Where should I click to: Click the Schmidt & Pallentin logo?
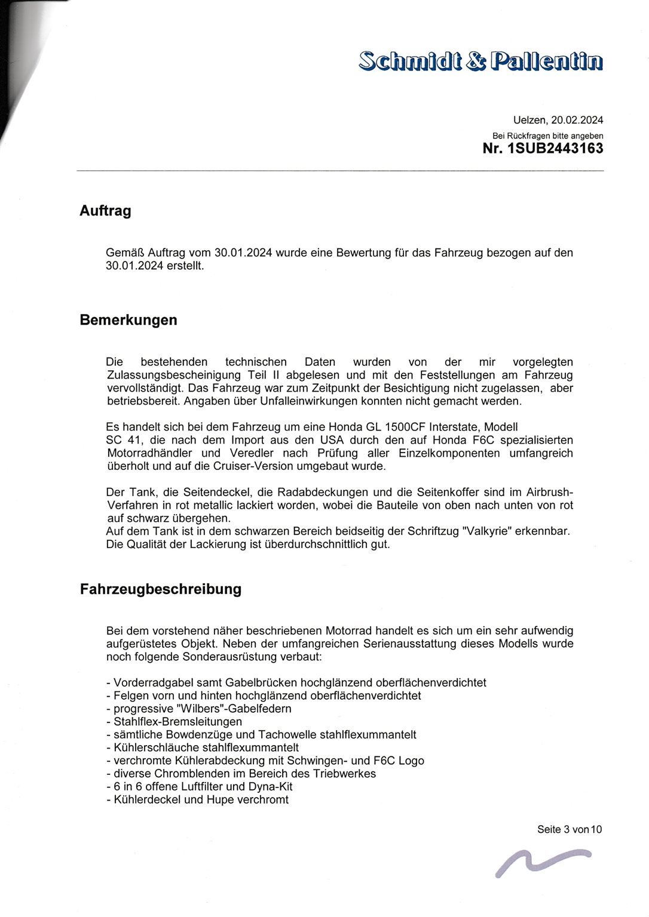[480, 61]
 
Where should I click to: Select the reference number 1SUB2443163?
[555, 148]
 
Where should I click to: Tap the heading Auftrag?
[105, 211]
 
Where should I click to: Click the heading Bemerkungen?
[128, 320]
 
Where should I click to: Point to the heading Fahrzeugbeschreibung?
[160, 589]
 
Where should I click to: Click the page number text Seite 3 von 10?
[569, 829]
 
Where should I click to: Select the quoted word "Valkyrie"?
[487, 531]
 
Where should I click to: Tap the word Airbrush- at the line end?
[549, 492]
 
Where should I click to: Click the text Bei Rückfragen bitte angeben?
[547, 136]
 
